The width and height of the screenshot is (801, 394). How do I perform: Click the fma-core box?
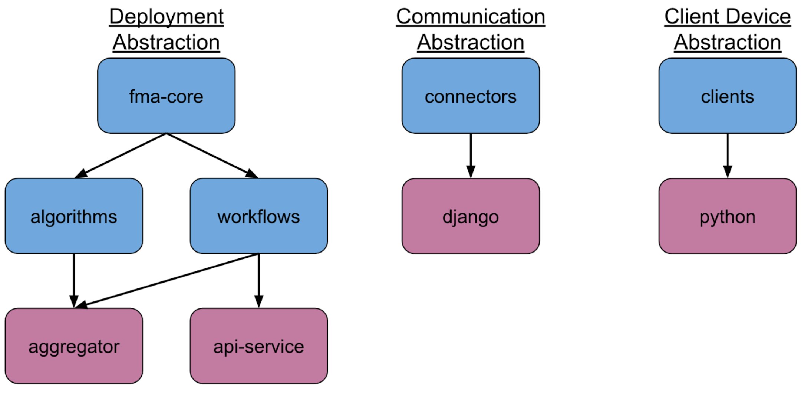pyautogui.click(x=166, y=96)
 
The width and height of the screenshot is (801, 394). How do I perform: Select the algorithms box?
pyautogui.click(x=73, y=216)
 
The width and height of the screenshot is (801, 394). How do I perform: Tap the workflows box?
pyautogui.click(x=258, y=216)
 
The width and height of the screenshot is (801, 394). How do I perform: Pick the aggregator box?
pyautogui.click(x=73, y=346)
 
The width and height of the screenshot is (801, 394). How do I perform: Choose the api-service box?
pyautogui.click(x=258, y=346)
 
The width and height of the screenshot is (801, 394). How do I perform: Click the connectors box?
pyautogui.click(x=470, y=96)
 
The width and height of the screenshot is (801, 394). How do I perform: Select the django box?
pyautogui.click(x=470, y=216)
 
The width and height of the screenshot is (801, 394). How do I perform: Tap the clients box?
pyautogui.click(x=727, y=96)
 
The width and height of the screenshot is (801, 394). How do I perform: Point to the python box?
pyautogui.click(x=727, y=216)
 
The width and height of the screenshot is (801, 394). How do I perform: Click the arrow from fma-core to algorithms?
pyautogui.click(x=121, y=156)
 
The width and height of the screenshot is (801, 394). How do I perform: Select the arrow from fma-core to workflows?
pyautogui.click(x=212, y=156)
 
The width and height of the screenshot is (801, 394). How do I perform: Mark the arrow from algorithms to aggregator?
pyautogui.click(x=74, y=280)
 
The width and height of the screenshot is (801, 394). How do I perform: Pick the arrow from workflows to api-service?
pyautogui.click(x=259, y=280)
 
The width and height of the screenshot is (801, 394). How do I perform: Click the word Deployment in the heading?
pyautogui.click(x=166, y=17)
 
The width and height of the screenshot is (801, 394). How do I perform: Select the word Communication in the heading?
pyautogui.click(x=470, y=17)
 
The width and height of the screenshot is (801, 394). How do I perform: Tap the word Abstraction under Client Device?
pyautogui.click(x=727, y=42)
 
